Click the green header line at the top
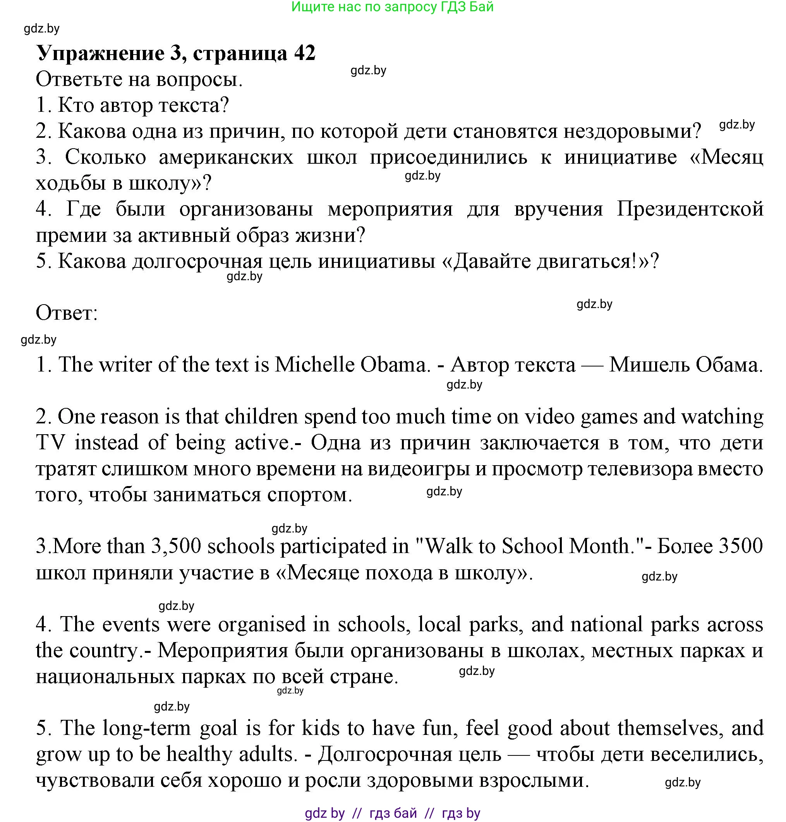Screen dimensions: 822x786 (x=392, y=7)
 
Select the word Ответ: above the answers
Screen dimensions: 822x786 (x=67, y=313)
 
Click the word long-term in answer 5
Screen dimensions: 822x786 (x=146, y=728)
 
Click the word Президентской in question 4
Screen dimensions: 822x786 (x=690, y=209)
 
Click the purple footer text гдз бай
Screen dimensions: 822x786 (x=393, y=813)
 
